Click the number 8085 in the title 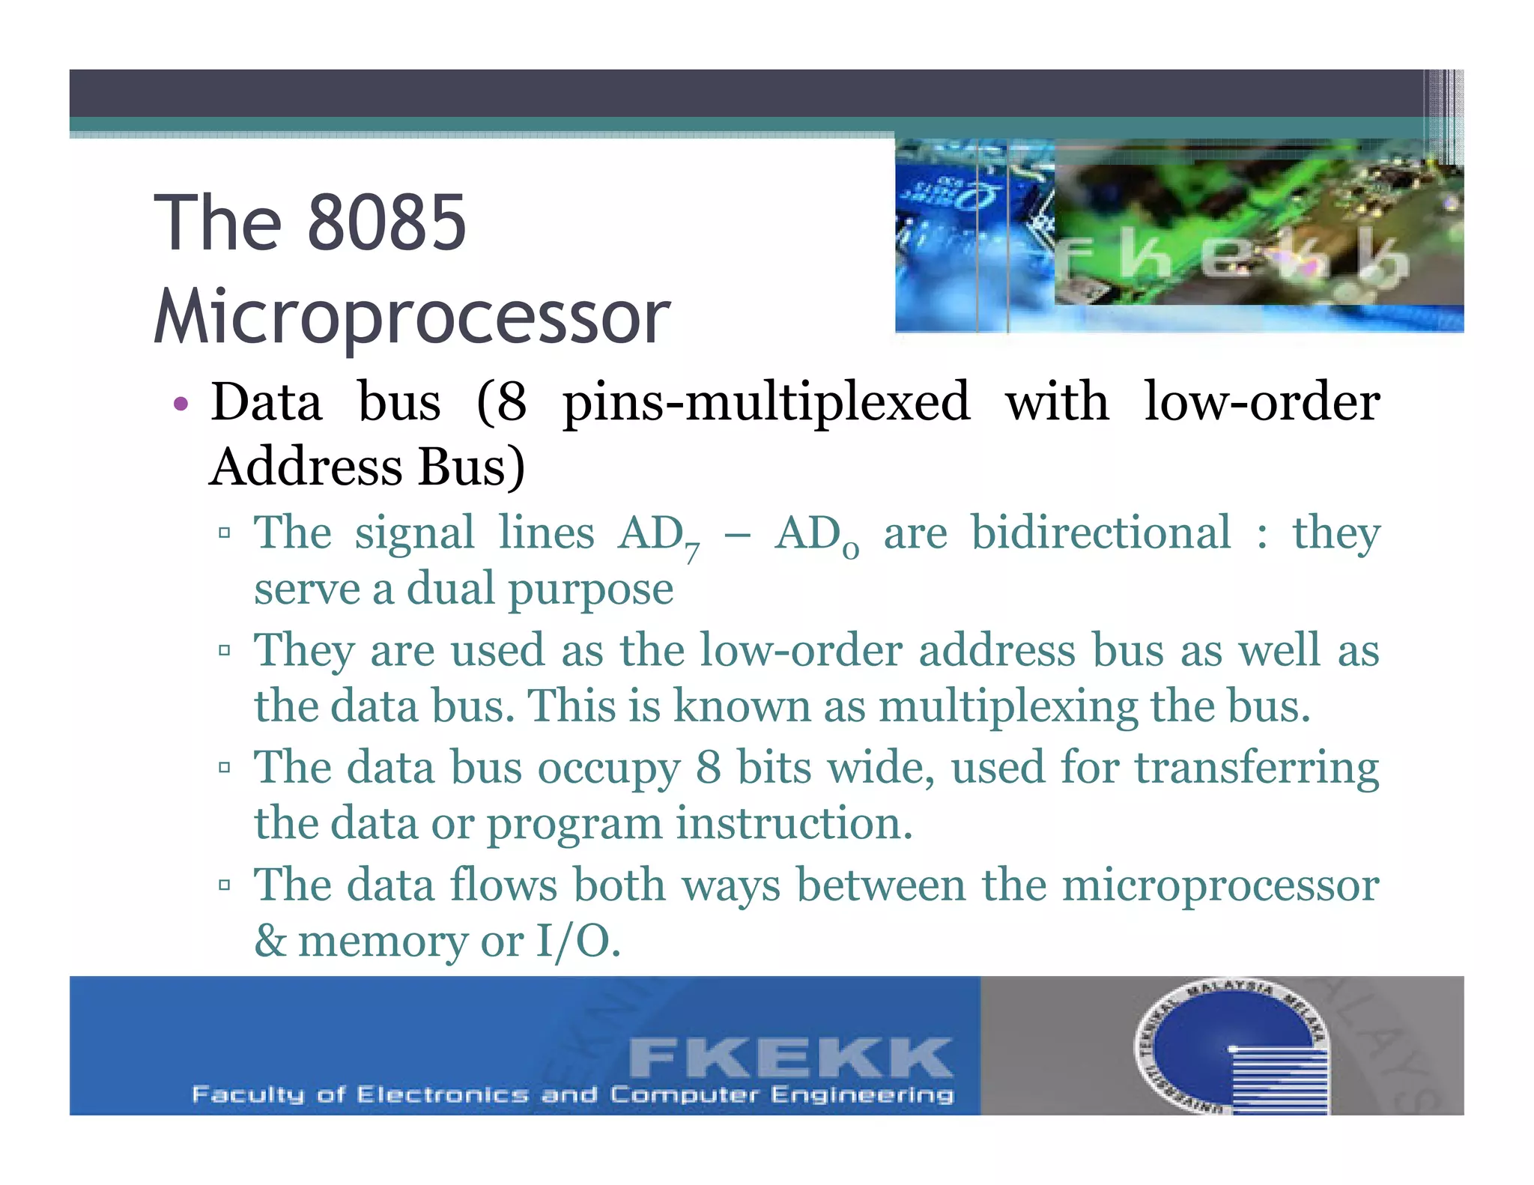(386, 222)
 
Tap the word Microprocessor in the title (412, 317)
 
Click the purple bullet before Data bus (181, 405)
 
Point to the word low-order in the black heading (1261, 401)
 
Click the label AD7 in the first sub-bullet (658, 536)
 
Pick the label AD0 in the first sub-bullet (816, 536)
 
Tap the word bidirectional (1100, 533)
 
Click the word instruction (793, 823)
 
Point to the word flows (503, 885)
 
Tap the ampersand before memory (270, 941)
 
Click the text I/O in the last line (576, 941)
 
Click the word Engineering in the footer (862, 1094)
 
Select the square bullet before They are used (224, 650)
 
